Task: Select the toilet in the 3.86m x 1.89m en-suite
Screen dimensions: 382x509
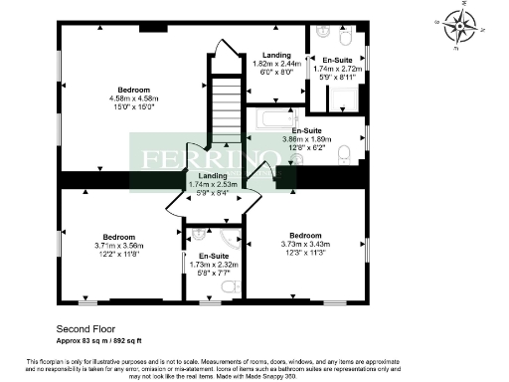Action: click(343, 153)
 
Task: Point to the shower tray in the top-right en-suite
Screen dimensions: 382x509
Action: click(344, 96)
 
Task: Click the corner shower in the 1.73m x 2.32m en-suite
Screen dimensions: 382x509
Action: click(230, 242)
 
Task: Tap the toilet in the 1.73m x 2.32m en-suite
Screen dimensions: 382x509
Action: click(230, 286)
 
